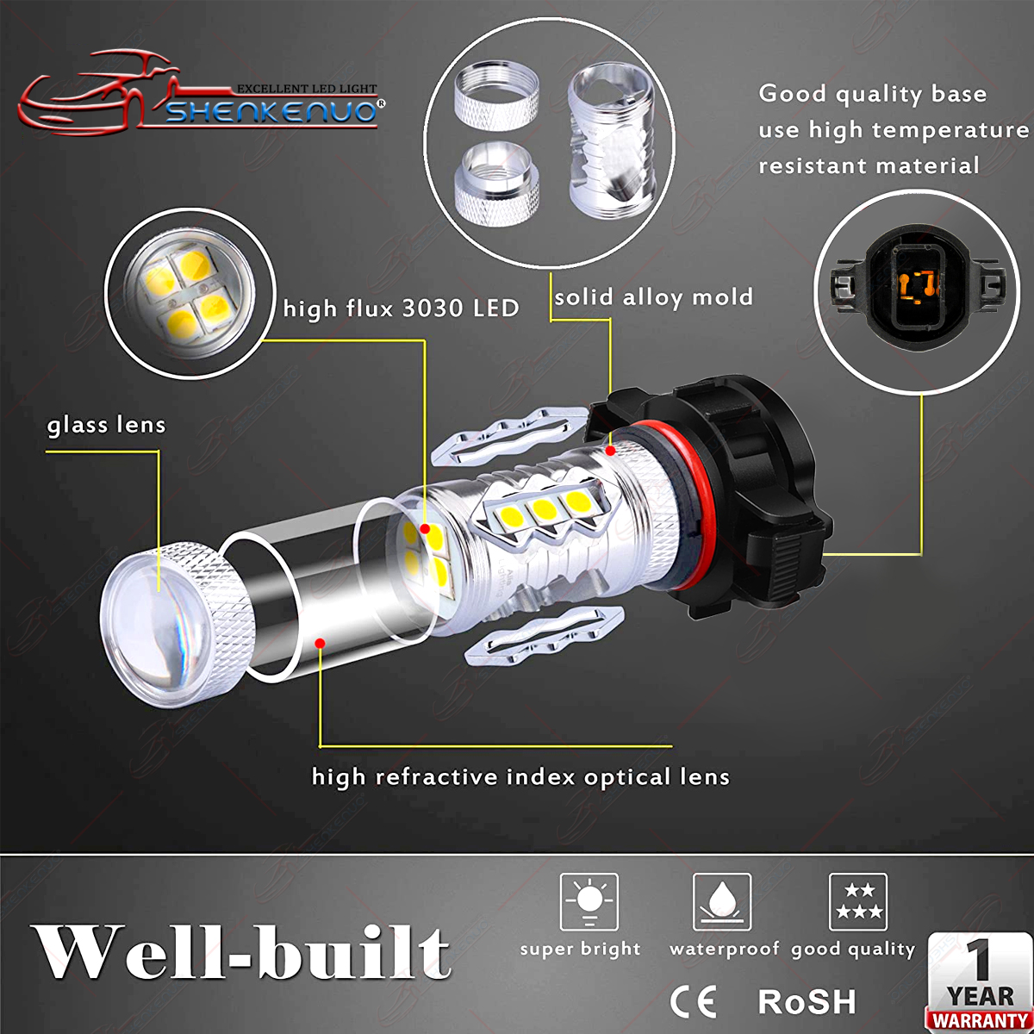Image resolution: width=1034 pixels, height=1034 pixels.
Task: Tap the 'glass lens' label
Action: coord(106,425)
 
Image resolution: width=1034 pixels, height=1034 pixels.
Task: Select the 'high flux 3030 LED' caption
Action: coord(401,308)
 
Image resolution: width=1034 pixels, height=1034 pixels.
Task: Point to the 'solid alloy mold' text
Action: coord(653,296)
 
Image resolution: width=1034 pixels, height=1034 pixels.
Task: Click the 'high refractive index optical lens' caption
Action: coord(520,777)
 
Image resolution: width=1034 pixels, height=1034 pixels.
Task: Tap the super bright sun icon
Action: coord(589,901)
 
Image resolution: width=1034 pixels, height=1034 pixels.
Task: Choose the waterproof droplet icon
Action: coord(722,901)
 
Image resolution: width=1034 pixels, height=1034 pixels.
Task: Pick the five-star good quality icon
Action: coord(858,901)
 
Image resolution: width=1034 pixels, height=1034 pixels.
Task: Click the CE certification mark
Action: coord(693,1002)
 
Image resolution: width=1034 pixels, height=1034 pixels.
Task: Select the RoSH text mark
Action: coord(807,1001)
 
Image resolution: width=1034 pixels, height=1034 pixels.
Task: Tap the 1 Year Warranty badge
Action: coord(979,983)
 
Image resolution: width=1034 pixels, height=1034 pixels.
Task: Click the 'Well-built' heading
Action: coord(240,953)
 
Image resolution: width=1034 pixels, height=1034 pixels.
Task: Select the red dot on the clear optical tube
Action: coord(320,643)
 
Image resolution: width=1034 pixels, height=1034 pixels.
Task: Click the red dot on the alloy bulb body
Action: coord(610,451)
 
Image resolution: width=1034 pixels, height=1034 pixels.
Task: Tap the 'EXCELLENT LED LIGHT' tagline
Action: coord(307,88)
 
